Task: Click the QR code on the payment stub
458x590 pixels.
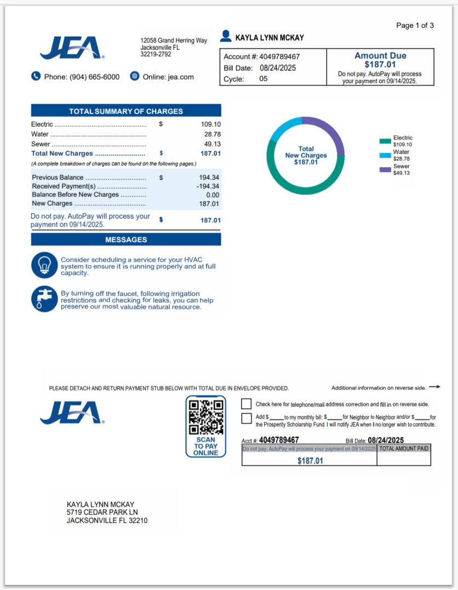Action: tap(205, 417)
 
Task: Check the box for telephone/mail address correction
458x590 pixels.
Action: tap(247, 404)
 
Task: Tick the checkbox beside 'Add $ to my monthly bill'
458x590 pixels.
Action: tap(247, 419)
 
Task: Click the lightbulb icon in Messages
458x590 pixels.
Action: tap(44, 265)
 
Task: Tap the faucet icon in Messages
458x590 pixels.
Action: tap(44, 299)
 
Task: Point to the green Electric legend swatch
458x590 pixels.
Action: tap(385, 141)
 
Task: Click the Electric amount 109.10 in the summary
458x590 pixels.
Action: tap(211, 124)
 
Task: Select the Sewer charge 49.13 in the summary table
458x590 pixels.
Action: tap(212, 144)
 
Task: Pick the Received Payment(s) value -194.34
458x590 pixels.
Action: tap(208, 186)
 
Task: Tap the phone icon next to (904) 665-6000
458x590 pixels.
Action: tap(36, 76)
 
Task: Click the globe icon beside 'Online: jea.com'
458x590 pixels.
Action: tap(135, 76)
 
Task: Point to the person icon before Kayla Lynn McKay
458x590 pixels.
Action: tap(225, 37)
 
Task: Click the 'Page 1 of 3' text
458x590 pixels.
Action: tap(415, 25)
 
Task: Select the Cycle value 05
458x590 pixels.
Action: tap(264, 79)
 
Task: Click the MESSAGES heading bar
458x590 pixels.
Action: tap(126, 240)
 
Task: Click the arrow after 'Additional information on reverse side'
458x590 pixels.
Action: tap(434, 387)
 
